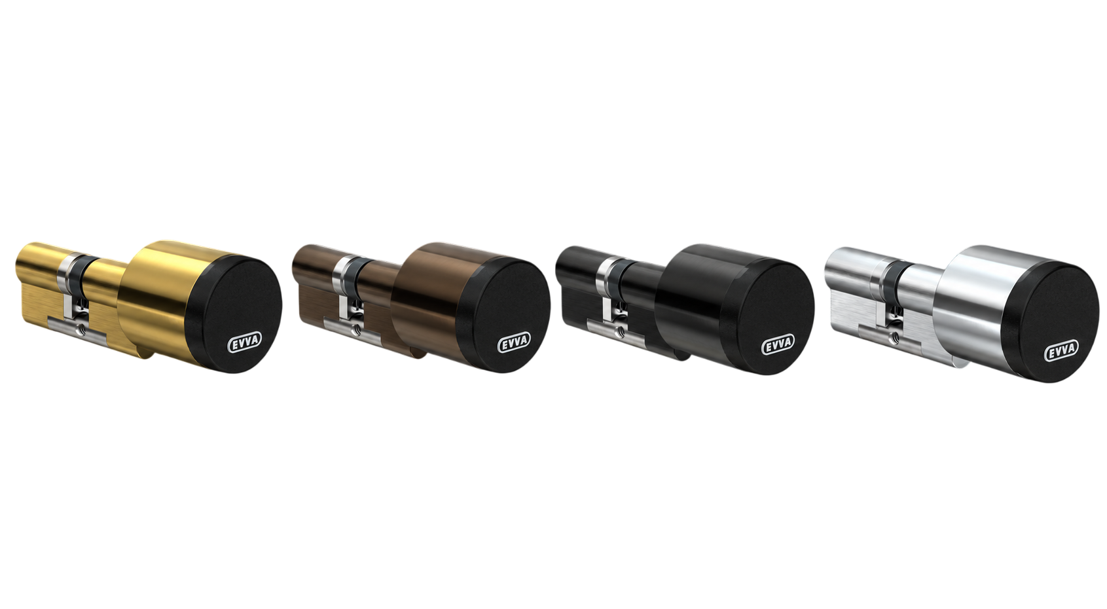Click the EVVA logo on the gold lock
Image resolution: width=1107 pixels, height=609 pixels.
[245, 341]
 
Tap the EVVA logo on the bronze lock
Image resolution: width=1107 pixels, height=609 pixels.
[514, 342]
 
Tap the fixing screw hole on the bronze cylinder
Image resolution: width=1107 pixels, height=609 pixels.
[354, 329]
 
